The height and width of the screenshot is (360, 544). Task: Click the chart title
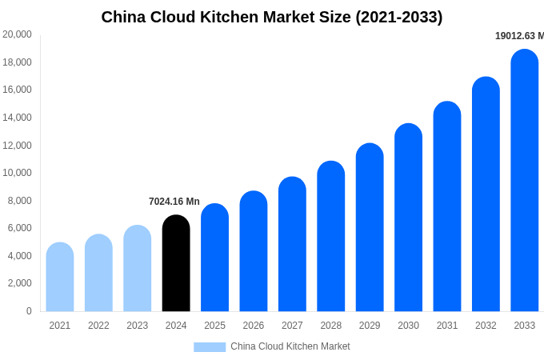click(x=271, y=17)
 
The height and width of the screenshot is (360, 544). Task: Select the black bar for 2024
click(x=176, y=264)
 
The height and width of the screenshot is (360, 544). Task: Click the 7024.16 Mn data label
click(x=174, y=202)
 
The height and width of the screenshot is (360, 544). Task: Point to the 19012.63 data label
click(x=519, y=36)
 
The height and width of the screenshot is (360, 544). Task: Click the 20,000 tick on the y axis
click(x=18, y=34)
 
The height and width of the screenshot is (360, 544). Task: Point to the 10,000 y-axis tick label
click(x=18, y=173)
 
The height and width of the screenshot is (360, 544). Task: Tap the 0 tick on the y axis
click(x=29, y=311)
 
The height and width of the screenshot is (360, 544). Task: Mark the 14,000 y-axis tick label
click(x=18, y=118)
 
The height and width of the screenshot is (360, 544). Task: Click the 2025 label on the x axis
click(x=214, y=326)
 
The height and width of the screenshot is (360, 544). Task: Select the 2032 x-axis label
click(x=486, y=326)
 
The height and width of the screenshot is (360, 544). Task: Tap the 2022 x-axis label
click(x=98, y=326)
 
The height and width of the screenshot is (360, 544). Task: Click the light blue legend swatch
click(x=210, y=347)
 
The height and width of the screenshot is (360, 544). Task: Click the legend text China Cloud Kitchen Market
click(x=290, y=346)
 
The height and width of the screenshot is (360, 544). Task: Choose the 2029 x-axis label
click(x=370, y=326)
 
